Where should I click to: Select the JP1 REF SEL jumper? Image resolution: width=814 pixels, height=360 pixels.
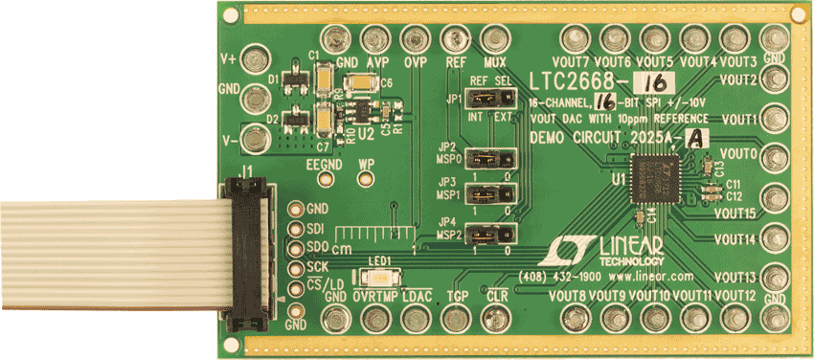(487, 100)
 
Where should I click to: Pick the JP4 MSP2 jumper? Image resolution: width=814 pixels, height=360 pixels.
(488, 232)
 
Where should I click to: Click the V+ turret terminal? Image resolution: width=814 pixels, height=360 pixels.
(255, 58)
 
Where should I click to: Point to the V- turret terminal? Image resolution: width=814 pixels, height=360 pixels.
(255, 139)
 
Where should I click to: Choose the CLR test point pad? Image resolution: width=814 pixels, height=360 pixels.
(497, 318)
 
